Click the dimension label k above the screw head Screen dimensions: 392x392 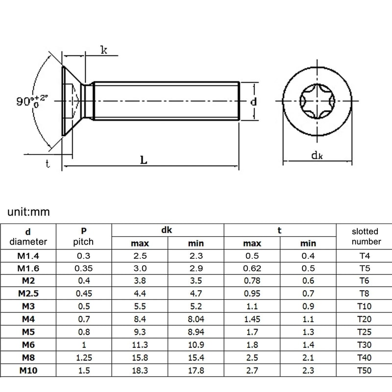pyautogui.click(x=104, y=49)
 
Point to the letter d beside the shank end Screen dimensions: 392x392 pyautogui.click(x=253, y=102)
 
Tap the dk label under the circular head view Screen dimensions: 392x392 pyautogui.click(x=317, y=155)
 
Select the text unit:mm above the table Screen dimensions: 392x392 pyautogui.click(x=29, y=212)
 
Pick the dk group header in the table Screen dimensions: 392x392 pyautogui.click(x=168, y=229)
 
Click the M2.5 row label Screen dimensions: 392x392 pyautogui.click(x=28, y=294)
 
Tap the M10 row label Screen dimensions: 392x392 pyautogui.click(x=28, y=370)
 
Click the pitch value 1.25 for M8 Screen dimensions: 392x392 pyautogui.click(x=83, y=358)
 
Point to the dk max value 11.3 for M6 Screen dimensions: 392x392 pyautogui.click(x=140, y=345)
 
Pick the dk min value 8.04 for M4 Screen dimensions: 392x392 pyautogui.click(x=196, y=319)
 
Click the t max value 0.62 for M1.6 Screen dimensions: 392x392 pyautogui.click(x=252, y=268)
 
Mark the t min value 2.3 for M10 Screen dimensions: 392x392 pyautogui.click(x=308, y=370)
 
